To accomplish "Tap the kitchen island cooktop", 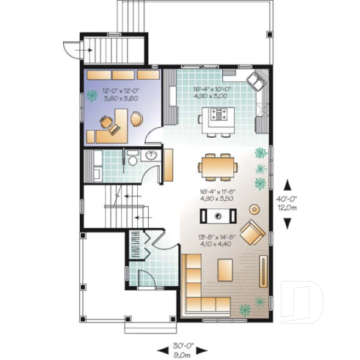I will click(219, 114).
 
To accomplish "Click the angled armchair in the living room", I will click(252, 234).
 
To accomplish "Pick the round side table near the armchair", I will click(255, 207).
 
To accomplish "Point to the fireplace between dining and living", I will click(217, 216).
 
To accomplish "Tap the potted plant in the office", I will click(92, 95).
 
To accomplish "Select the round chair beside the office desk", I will click(136, 117).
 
